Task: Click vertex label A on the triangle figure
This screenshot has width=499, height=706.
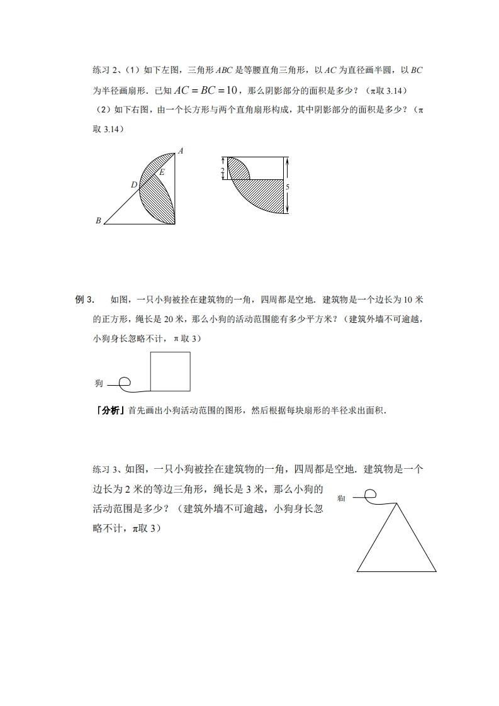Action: point(181,151)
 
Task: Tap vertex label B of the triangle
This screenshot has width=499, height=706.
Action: point(98,221)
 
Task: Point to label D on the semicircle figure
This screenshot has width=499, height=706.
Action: point(133,185)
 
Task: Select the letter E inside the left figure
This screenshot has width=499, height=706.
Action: point(162,172)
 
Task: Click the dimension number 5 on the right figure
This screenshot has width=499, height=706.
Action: point(287,187)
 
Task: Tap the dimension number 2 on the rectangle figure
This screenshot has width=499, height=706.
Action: point(223,171)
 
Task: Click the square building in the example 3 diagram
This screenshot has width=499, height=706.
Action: point(170,371)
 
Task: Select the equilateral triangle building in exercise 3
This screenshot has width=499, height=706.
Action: point(396,544)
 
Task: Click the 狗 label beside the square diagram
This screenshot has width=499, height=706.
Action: point(99,383)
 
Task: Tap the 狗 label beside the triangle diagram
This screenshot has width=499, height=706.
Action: point(341,498)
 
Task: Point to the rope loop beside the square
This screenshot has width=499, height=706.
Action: point(125,381)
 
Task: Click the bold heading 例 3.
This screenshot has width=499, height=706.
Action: point(84,300)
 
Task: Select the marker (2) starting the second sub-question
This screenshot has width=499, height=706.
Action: point(99,110)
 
